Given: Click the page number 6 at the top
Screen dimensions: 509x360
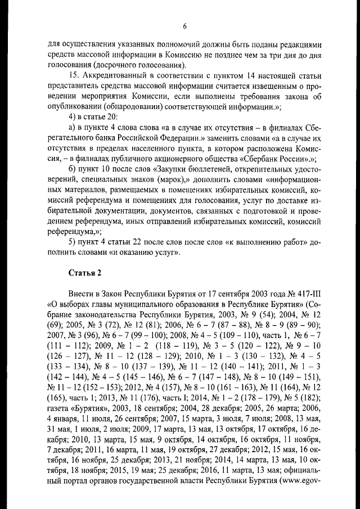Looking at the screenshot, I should (x=184, y=26).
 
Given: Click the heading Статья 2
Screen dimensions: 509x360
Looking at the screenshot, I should (x=85, y=273).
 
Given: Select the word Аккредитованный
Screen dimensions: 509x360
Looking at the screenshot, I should (x=112, y=75).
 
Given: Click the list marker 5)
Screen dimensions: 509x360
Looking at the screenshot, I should (x=71, y=242).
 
